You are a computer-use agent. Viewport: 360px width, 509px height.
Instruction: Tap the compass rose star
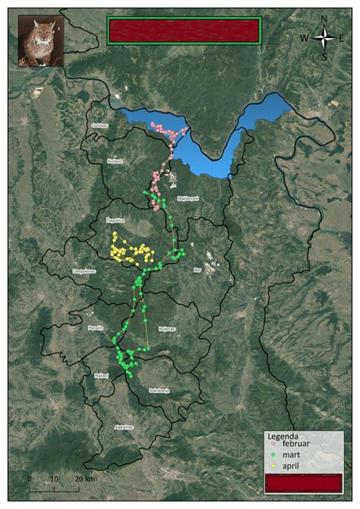click(324, 37)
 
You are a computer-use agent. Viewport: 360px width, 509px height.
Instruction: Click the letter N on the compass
click(324, 19)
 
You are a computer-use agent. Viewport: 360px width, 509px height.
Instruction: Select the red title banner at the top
click(185, 30)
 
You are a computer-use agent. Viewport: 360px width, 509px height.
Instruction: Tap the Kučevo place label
click(115, 162)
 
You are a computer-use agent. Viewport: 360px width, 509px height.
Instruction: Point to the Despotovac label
click(84, 270)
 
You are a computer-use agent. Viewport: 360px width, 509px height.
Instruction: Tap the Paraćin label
click(96, 327)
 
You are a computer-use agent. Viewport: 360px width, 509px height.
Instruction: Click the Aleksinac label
click(123, 427)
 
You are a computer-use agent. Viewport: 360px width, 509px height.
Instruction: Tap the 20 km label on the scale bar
click(85, 479)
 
